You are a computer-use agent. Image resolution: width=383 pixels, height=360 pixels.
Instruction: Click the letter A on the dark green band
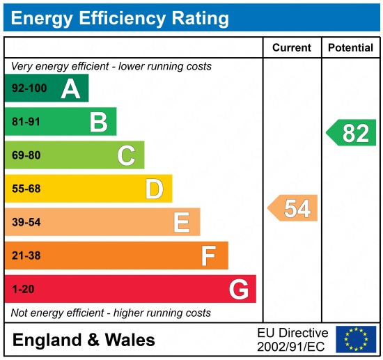[x=70, y=89]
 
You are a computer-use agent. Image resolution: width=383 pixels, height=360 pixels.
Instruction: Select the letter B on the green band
[x=98, y=123]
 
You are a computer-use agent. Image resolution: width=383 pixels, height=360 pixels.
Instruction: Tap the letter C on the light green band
[x=126, y=155]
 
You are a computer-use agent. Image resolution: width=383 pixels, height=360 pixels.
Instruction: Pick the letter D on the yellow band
[x=154, y=189]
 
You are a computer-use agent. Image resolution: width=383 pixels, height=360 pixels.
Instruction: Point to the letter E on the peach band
[x=182, y=222]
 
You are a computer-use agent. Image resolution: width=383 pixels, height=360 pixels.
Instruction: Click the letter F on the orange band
[x=209, y=256]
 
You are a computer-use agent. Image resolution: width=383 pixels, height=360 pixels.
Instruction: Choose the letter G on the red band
[x=239, y=289]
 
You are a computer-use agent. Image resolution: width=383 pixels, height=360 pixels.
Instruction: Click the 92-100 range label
[x=29, y=89]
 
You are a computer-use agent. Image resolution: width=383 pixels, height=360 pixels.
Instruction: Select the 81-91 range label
[x=26, y=123]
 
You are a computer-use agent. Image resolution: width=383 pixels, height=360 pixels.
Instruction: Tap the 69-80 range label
[x=26, y=155]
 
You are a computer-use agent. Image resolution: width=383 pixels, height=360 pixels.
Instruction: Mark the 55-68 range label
[x=26, y=189]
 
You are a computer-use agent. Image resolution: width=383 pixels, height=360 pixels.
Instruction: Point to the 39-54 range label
[x=26, y=222]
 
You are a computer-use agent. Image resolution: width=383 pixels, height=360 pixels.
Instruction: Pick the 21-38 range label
[x=26, y=256]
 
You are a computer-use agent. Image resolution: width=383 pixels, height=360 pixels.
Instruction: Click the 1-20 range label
[x=22, y=289]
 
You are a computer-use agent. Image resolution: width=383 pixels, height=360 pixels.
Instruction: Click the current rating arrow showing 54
[x=293, y=208]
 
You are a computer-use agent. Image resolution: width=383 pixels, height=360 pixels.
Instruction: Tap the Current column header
[x=291, y=48]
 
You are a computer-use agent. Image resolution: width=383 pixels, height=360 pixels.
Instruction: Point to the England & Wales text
[x=84, y=340]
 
